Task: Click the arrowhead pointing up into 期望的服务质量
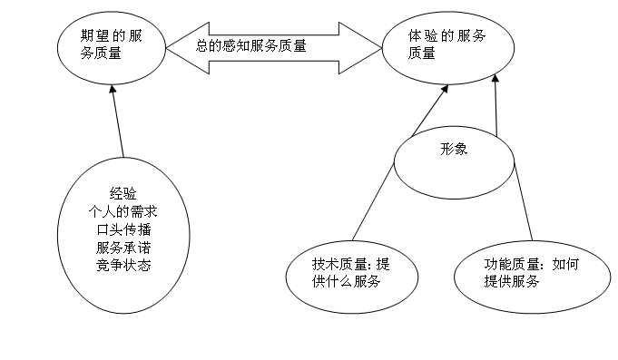(x=113, y=91)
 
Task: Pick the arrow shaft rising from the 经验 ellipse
(x=117, y=127)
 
